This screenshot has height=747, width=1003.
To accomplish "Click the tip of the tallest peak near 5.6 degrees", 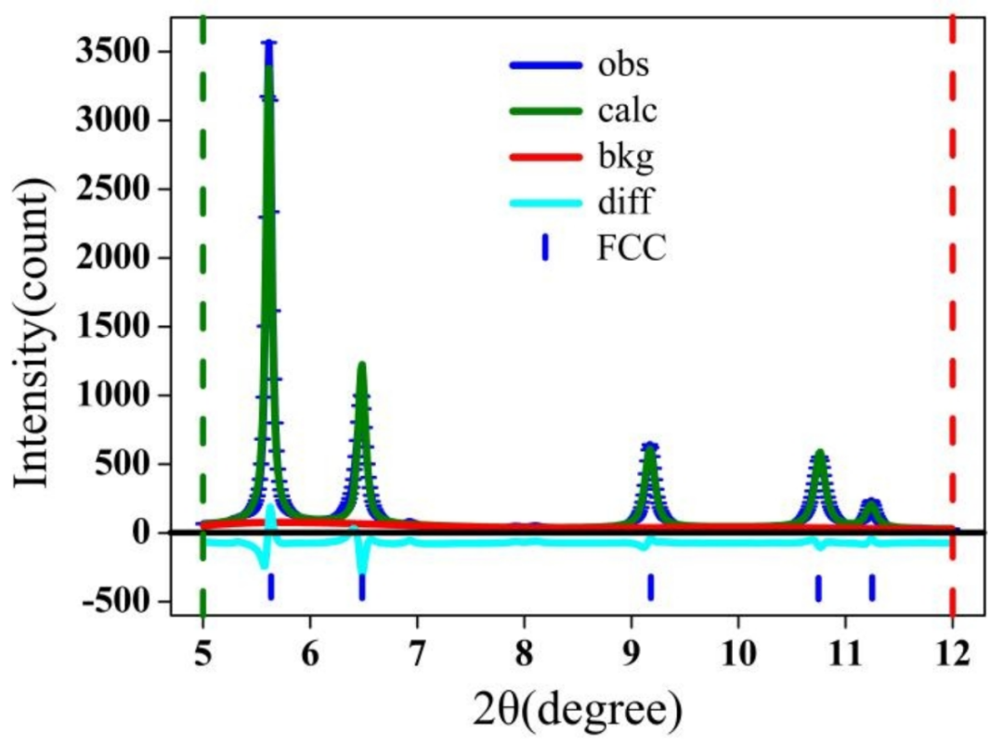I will [269, 44].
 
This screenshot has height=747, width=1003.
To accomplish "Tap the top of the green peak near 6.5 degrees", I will [361, 365].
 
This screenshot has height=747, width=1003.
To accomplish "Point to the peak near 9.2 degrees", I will [650, 446].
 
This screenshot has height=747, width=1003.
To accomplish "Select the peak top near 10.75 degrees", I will [819, 454].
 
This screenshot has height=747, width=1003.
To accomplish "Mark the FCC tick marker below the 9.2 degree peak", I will [651, 587].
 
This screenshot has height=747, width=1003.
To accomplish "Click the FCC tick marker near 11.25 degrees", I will [872, 587].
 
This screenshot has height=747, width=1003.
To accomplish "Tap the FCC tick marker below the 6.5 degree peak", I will [361, 587].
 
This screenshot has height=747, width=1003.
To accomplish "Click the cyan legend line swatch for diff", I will [544, 202].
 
